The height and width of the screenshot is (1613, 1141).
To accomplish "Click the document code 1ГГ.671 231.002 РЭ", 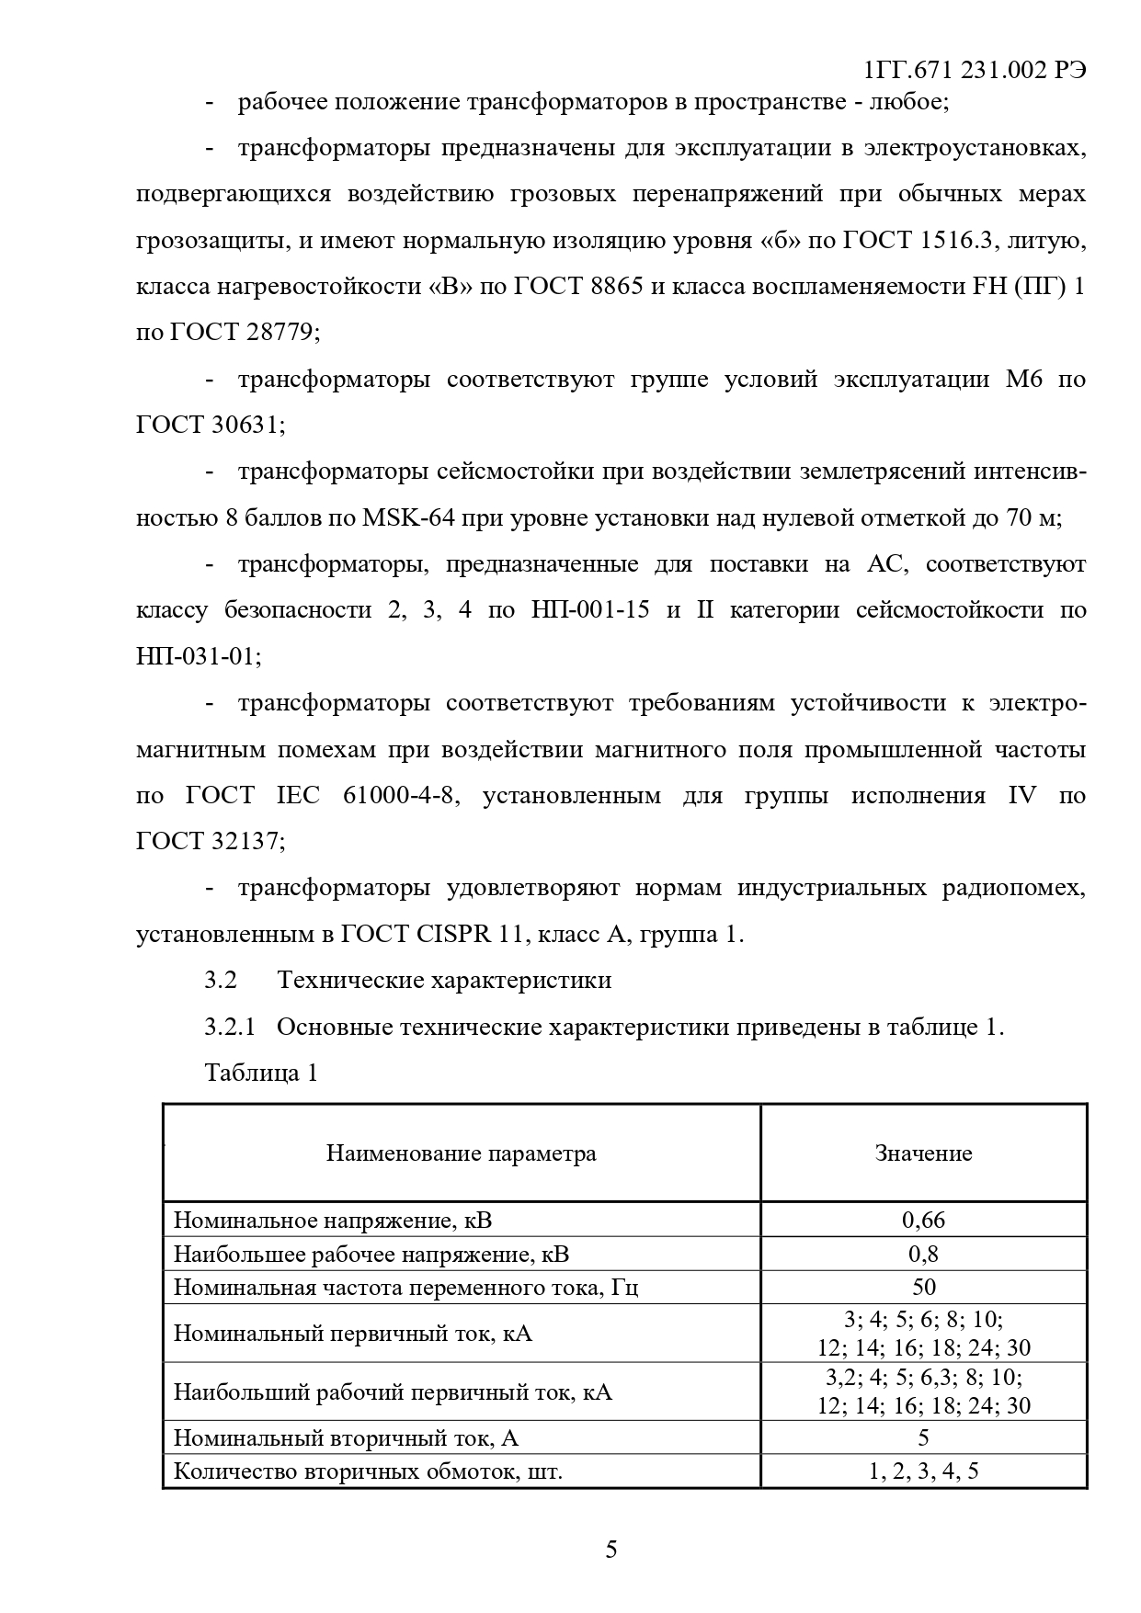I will [x=976, y=73].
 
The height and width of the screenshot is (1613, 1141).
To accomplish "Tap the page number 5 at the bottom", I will [x=611, y=1550].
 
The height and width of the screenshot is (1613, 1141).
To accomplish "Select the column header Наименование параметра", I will [x=461, y=1153].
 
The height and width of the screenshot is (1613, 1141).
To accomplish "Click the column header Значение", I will [x=923, y=1153].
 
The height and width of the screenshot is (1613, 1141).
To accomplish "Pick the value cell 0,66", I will [x=923, y=1221].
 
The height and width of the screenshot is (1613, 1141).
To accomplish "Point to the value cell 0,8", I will [x=923, y=1254].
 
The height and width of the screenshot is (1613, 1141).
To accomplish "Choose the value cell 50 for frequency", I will [x=923, y=1287].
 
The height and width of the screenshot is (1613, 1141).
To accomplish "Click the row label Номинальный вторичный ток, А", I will [x=352, y=1437].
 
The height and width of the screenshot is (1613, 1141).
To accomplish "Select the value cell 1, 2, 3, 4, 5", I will [x=923, y=1471].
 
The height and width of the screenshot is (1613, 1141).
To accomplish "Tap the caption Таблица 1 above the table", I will [x=261, y=1073].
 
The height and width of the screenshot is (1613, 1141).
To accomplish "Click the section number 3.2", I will [x=221, y=981].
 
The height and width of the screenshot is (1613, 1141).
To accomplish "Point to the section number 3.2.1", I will [x=229, y=1027].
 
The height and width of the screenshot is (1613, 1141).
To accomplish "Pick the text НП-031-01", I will [x=197, y=657].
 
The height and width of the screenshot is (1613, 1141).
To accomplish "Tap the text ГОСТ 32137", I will [x=210, y=842].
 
